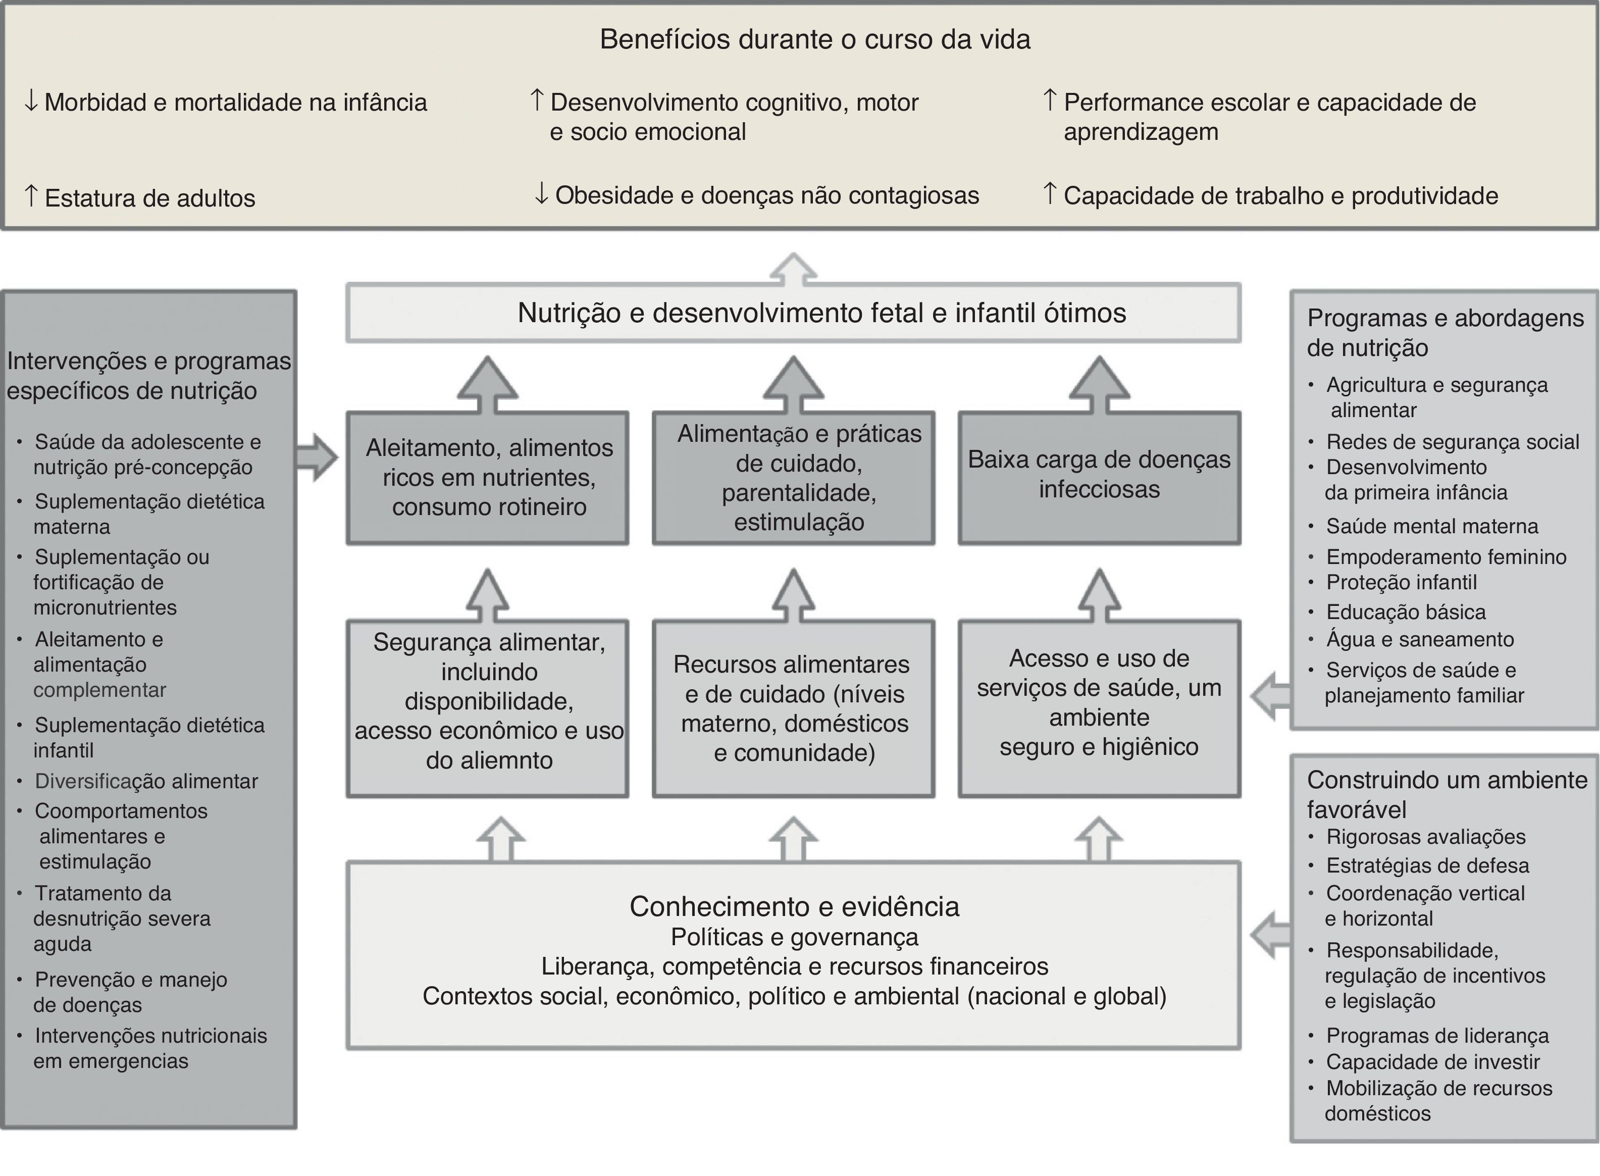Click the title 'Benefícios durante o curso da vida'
coord(814,40)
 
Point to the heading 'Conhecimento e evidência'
coord(794,906)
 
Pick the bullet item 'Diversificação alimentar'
coord(146,781)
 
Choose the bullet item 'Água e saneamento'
coord(1419,639)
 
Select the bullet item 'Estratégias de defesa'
coord(1427,865)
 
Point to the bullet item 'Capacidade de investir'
coord(1432,1062)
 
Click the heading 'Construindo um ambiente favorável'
coord(1447,794)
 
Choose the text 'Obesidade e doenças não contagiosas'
coord(766,195)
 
